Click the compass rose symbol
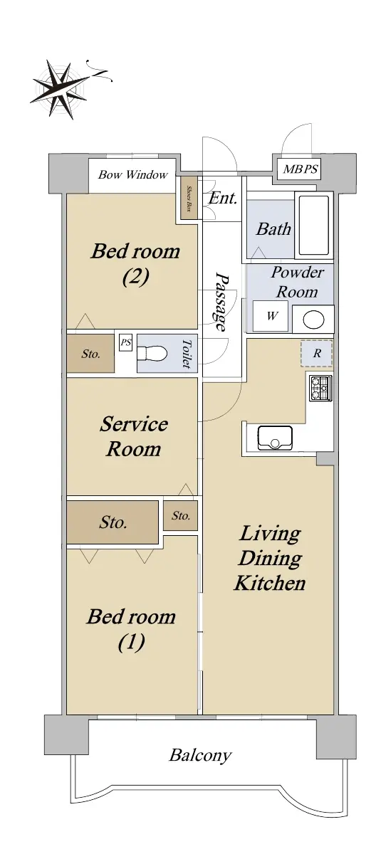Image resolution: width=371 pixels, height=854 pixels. (61, 90)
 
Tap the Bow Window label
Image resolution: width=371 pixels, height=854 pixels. (132, 174)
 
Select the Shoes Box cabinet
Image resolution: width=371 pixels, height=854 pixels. (189, 199)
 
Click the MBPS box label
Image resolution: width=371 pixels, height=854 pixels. (301, 169)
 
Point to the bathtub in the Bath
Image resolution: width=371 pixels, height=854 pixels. (314, 226)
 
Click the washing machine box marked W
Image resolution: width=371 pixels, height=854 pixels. (271, 316)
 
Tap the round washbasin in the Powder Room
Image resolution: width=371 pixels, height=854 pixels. (313, 319)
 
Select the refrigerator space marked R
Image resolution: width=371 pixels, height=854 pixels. (316, 354)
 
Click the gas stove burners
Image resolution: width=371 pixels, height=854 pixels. (320, 388)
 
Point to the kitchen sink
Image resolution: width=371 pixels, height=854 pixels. (275, 438)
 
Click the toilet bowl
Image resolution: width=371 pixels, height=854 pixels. (152, 353)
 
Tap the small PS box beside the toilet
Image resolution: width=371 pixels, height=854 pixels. (125, 343)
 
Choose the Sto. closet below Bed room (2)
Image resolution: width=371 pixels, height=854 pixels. (90, 354)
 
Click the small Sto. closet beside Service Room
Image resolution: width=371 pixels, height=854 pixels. (181, 515)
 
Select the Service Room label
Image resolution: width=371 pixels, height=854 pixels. (133, 436)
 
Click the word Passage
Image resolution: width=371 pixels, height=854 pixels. (221, 301)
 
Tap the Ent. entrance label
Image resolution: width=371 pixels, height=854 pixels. (223, 198)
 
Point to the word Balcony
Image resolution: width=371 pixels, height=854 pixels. (200, 755)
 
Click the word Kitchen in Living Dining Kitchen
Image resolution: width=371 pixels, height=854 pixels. (270, 583)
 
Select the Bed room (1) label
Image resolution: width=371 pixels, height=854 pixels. (131, 629)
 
